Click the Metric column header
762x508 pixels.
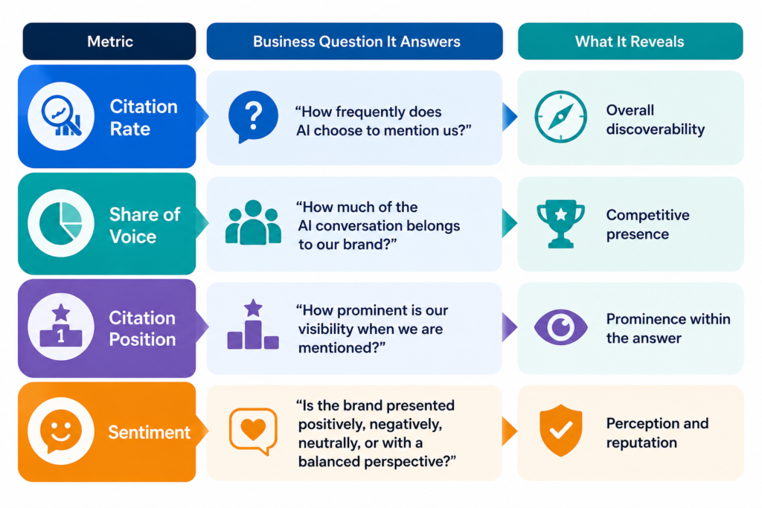click(x=109, y=42)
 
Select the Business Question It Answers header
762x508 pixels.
click(x=355, y=42)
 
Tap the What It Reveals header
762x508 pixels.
click(x=630, y=42)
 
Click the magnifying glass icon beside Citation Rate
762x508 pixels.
click(x=61, y=116)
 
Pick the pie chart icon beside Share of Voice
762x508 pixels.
click(x=61, y=223)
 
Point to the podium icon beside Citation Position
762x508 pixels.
click(x=61, y=327)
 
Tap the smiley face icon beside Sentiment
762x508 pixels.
click(x=61, y=431)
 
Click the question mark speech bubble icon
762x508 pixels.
click(x=253, y=117)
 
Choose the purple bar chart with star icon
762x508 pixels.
click(x=253, y=324)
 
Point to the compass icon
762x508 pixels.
click(x=561, y=117)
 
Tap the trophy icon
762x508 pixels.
click(x=561, y=223)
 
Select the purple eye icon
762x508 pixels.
click(x=561, y=327)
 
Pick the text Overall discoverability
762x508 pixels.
click(x=655, y=120)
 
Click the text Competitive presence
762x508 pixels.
click(x=648, y=225)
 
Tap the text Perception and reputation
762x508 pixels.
click(x=657, y=433)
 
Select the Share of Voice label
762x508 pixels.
click(x=144, y=225)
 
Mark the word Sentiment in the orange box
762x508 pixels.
click(x=149, y=432)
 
